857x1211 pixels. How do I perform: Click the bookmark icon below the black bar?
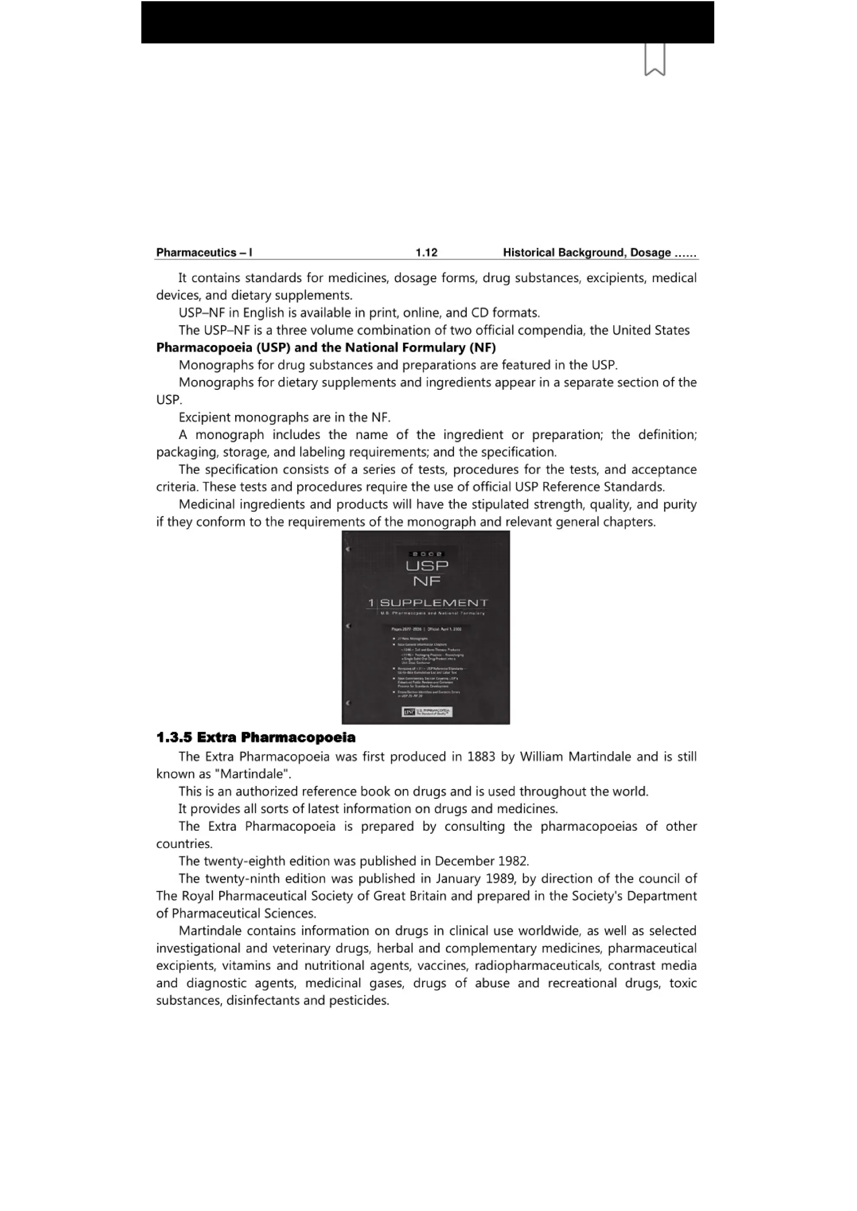(654, 60)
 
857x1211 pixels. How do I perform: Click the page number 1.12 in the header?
(426, 253)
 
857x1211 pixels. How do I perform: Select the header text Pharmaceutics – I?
(204, 253)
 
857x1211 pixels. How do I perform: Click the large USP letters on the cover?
(427, 565)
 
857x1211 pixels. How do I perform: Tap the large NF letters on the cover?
(427, 581)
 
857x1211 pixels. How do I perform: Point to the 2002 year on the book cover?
(427, 554)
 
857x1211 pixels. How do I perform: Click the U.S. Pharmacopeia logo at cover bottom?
(427, 712)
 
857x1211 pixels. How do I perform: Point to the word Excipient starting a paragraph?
(204, 418)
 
